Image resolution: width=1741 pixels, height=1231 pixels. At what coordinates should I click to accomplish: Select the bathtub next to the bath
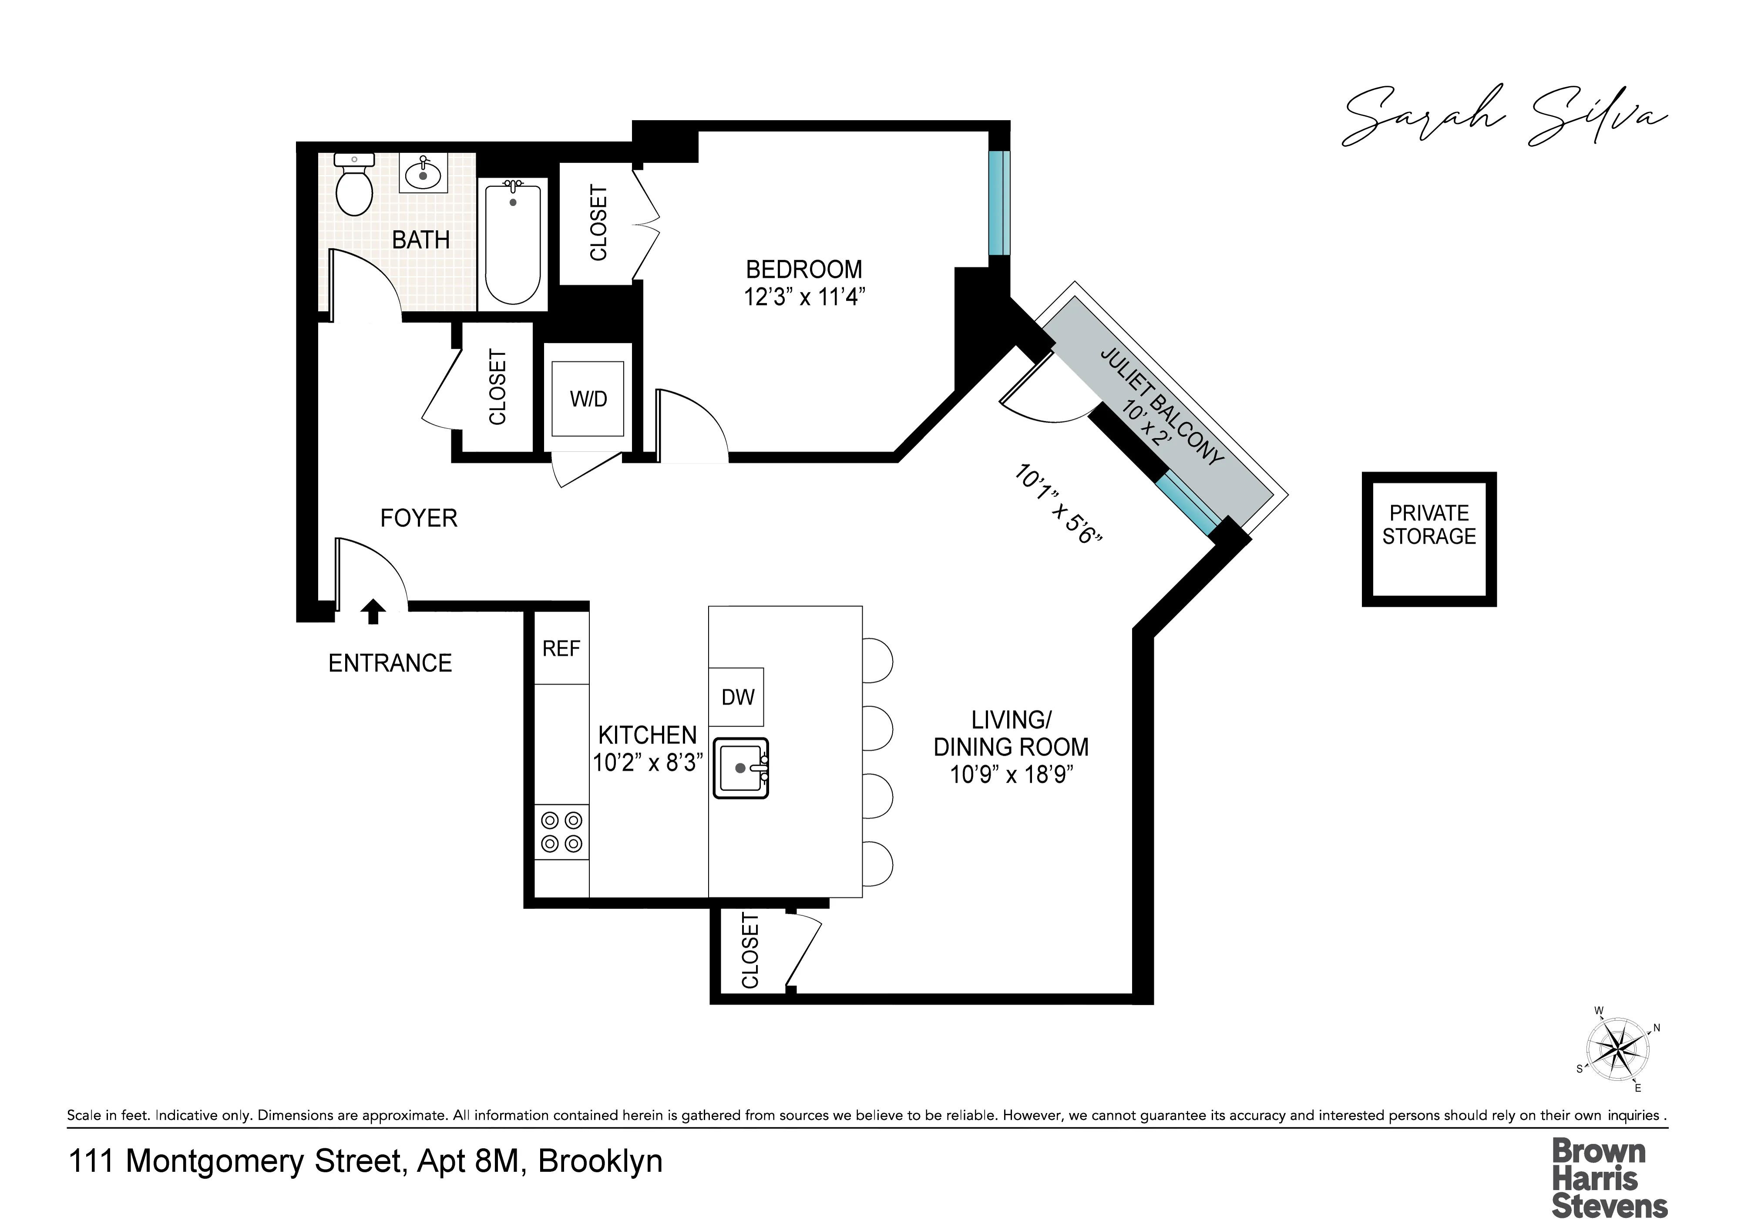[x=513, y=243]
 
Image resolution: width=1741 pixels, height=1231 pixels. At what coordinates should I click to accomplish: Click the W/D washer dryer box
[x=588, y=399]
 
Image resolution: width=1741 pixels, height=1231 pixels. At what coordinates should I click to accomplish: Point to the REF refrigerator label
[x=561, y=649]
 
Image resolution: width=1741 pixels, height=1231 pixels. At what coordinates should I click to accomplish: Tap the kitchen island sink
[x=741, y=768]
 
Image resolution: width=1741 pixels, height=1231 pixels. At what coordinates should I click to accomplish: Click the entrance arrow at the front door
[x=372, y=611]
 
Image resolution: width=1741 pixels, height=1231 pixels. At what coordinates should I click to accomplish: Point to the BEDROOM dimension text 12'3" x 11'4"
[x=804, y=296]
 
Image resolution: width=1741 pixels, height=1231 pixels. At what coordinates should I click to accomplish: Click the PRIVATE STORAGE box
[x=1428, y=539]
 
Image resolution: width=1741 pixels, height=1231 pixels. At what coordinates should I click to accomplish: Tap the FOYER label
[x=419, y=518]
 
